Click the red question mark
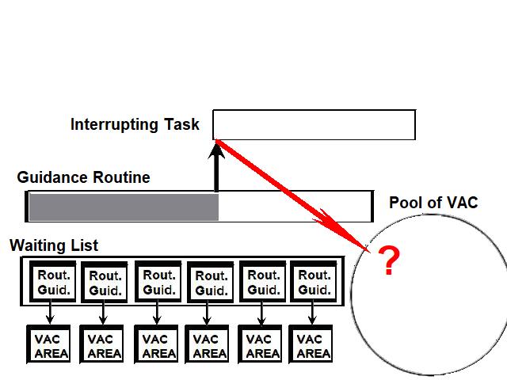pos(387,260)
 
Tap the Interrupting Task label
pos(135,124)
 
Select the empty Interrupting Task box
pos(314,124)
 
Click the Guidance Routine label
pos(83,177)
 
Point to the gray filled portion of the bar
pos(123,206)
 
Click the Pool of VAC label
pos(433,203)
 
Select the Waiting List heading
pos(54,245)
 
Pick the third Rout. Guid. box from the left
pos(158,282)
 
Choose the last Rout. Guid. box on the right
pos(314,282)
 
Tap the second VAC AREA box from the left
pos(104,345)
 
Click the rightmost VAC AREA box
pos(313,345)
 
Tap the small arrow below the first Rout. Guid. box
pos(50,315)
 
